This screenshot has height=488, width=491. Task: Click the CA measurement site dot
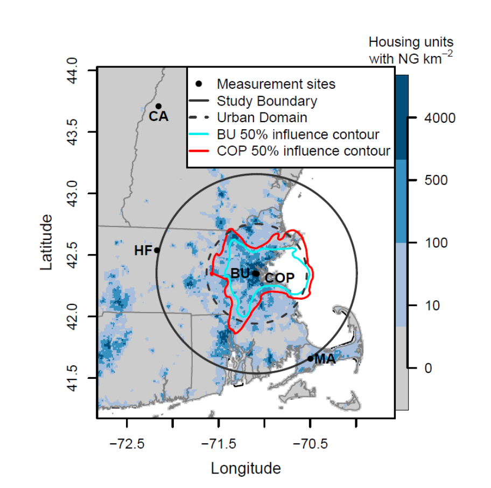click(158, 106)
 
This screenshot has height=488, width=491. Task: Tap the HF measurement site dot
click(157, 250)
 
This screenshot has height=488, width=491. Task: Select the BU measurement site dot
click(255, 273)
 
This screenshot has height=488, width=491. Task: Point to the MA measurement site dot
click(310, 358)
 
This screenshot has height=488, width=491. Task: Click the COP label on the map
click(280, 278)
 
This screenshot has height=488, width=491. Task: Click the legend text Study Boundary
click(266, 101)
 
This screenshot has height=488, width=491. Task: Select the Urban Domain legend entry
click(262, 117)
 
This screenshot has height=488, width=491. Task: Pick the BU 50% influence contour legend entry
click(298, 134)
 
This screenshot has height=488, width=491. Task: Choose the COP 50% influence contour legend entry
click(303, 151)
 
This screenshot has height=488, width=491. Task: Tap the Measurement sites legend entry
click(276, 84)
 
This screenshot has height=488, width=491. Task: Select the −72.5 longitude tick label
click(128, 445)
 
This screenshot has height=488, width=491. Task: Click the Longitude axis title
click(245, 468)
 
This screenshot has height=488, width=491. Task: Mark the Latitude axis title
click(47, 242)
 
